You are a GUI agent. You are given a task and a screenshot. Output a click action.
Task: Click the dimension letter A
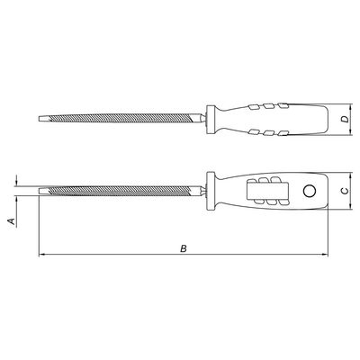[x=12, y=221]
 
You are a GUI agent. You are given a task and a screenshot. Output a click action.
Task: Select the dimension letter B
[x=184, y=248]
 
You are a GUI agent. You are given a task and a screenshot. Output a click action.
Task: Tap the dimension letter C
[x=346, y=191]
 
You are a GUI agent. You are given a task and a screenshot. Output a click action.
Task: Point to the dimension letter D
[x=346, y=119]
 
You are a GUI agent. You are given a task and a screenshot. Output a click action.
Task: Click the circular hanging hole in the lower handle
[x=309, y=191]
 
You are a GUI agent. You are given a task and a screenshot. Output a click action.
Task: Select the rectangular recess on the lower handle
[x=268, y=191]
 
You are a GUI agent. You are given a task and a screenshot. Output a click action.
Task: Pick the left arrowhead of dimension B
[x=42, y=255]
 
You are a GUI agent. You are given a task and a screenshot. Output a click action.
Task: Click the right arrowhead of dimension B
[x=324, y=255]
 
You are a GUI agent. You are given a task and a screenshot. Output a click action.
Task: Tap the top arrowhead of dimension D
[x=351, y=107]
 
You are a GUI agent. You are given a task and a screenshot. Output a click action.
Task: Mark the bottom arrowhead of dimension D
[x=351, y=131]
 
